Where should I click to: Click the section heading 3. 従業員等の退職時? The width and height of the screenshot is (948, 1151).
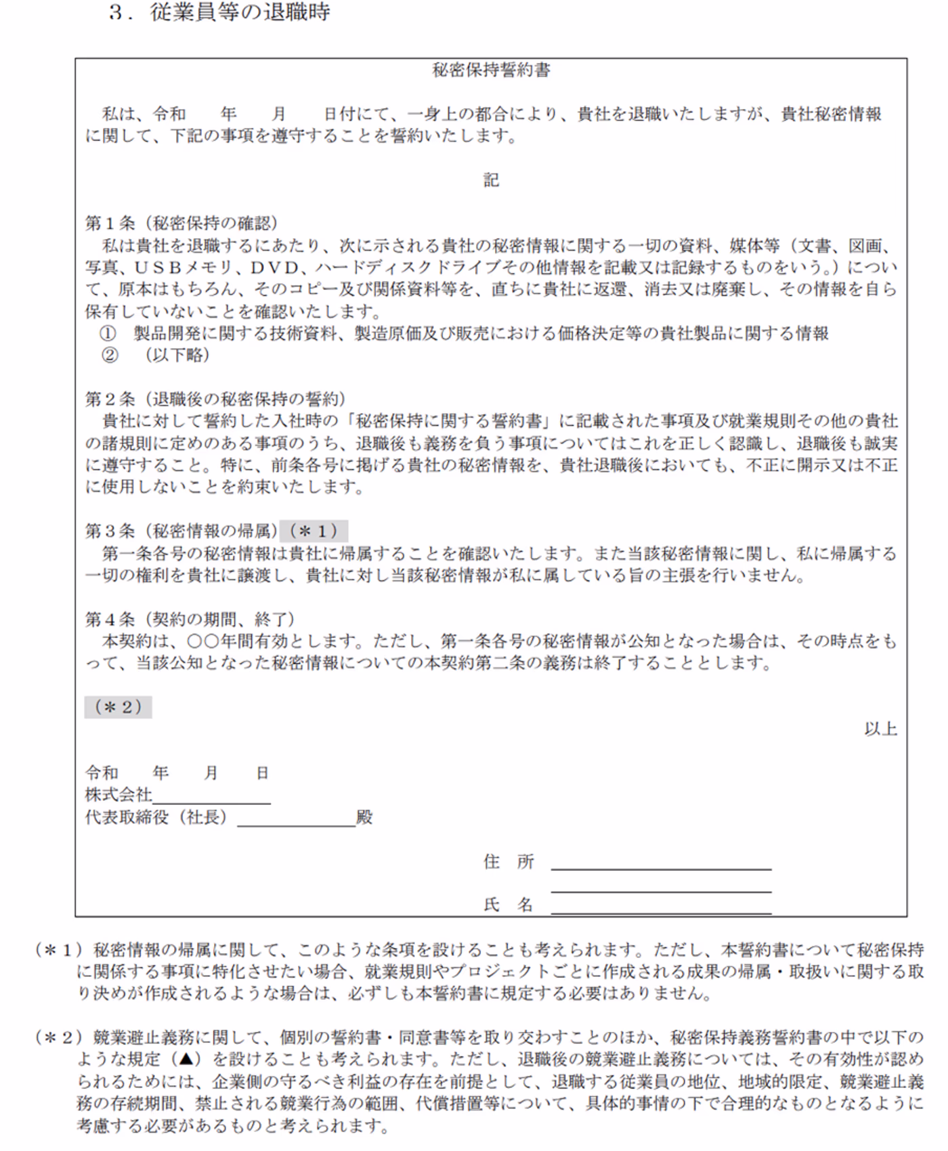[219, 12]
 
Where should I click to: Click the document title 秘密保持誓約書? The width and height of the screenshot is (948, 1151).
[491, 70]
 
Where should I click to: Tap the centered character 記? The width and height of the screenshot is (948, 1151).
[491, 179]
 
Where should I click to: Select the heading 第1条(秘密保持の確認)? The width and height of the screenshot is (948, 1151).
[181, 223]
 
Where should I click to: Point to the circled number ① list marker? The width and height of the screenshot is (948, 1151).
[108, 333]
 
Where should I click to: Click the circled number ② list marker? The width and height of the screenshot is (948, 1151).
[108, 355]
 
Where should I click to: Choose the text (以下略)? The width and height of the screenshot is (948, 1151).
[177, 355]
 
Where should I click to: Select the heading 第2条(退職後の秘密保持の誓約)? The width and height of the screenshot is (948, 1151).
[215, 399]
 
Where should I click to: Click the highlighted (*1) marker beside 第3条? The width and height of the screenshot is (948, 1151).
[314, 531]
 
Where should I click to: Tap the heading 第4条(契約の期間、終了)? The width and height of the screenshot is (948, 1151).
[190, 619]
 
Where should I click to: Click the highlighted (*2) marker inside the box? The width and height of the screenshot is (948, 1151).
[118, 707]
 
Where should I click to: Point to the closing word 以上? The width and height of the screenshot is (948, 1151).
[880, 729]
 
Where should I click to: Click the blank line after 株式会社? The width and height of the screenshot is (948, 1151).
[211, 799]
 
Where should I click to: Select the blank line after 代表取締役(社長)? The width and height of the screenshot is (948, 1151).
[296, 821]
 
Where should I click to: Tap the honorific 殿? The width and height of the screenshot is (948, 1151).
[365, 817]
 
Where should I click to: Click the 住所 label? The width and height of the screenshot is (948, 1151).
[509, 862]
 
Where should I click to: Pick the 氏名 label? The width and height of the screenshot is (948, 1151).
[509, 905]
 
